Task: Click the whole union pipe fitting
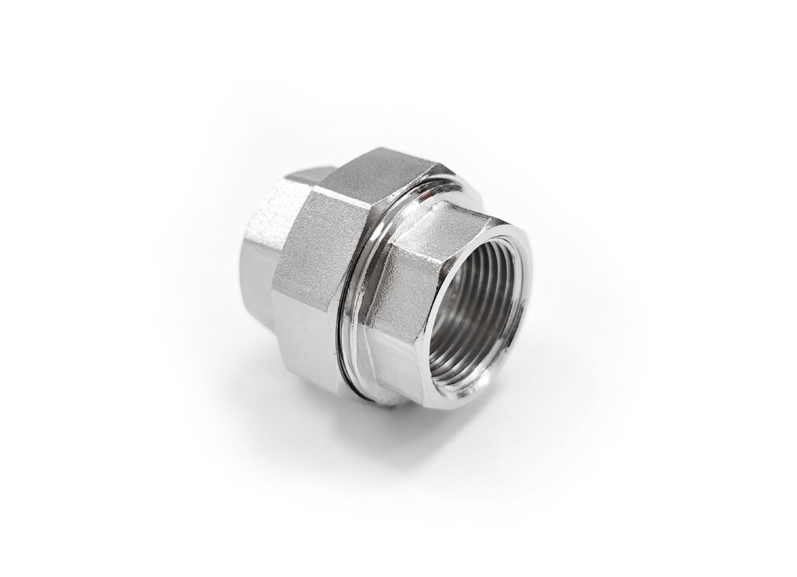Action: click(383, 279)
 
